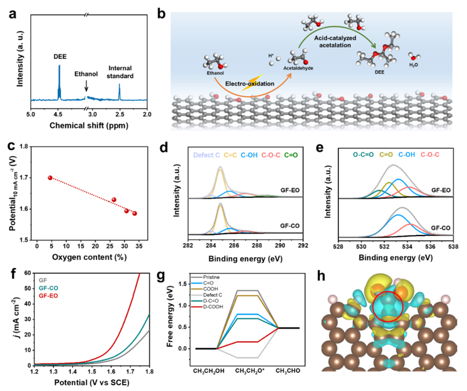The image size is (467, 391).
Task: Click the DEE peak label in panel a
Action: click(x=60, y=57)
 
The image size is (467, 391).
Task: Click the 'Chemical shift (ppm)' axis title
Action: click(x=89, y=125)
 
